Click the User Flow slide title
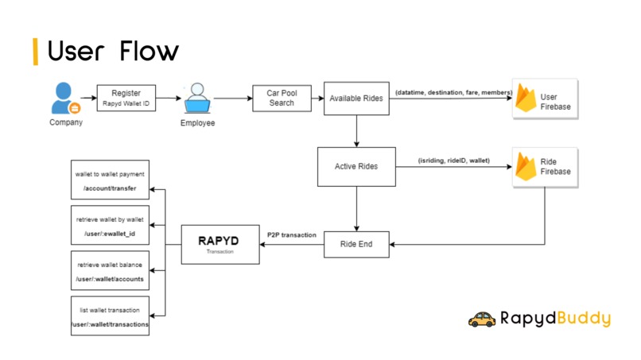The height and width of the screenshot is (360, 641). point(112,51)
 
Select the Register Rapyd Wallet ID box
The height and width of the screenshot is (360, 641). point(126,98)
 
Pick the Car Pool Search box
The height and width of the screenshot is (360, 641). point(282,98)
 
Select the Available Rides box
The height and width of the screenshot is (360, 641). point(356,98)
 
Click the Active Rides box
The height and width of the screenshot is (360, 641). point(356,166)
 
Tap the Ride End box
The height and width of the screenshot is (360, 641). point(356,244)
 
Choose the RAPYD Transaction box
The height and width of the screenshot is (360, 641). point(219,244)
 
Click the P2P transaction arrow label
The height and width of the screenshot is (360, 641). point(292,235)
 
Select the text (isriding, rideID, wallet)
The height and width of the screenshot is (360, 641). point(454,161)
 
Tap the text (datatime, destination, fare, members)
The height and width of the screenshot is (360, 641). point(454,93)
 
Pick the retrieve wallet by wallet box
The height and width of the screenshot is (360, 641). point(110,226)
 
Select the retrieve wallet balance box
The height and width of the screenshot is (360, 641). point(110,271)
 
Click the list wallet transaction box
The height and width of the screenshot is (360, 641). point(110,316)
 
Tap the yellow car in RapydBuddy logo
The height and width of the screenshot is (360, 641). point(482,319)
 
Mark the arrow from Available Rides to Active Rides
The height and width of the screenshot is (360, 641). point(356,130)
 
